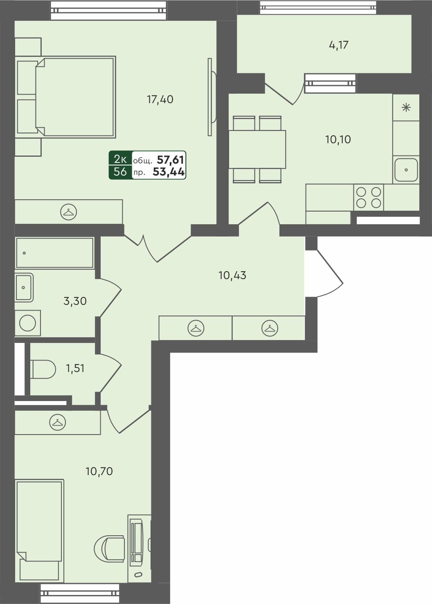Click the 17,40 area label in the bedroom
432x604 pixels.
click(160, 99)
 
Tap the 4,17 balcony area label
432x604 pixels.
click(338, 45)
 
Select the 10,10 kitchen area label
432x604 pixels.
click(338, 140)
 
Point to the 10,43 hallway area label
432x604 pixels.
click(232, 275)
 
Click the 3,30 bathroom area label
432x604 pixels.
click(75, 301)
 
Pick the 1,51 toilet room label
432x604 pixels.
click(75, 368)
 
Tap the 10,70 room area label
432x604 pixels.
click(99, 471)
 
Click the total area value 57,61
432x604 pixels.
click(171, 159)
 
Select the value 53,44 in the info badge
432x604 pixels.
click(169, 172)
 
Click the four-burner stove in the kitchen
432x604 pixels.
click(369, 197)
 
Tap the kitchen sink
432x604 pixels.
click(406, 169)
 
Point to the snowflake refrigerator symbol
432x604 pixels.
click(406, 108)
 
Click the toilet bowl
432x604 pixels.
click(43, 369)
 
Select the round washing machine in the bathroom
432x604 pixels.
click(27, 323)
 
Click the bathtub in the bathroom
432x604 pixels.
click(54, 253)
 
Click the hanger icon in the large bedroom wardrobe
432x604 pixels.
click(69, 212)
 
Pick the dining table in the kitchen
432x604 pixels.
click(257, 149)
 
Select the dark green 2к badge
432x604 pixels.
click(120, 159)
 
